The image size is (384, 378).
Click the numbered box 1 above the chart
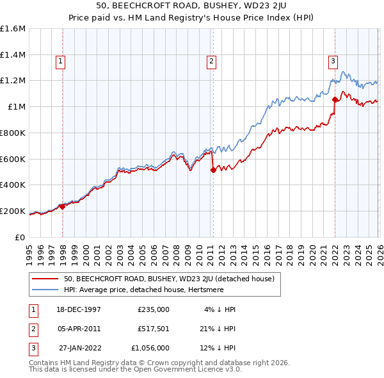click(x=60, y=62)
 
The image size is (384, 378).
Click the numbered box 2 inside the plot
click(x=211, y=62)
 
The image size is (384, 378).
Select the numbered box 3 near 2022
click(x=333, y=62)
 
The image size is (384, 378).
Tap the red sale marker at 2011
click(x=213, y=170)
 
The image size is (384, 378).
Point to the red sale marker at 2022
click(x=335, y=99)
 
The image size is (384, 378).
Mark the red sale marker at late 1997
click(x=63, y=206)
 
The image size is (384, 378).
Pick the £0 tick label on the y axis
click(x=20, y=237)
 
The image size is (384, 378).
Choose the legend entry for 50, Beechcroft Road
click(x=169, y=279)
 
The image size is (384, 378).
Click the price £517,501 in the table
click(x=153, y=328)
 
